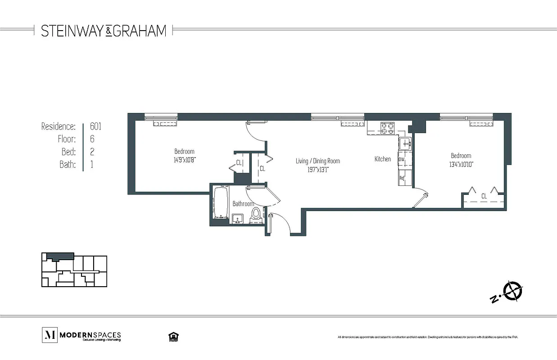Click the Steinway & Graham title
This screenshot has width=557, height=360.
[x=104, y=31]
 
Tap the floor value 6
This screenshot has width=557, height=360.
[x=92, y=139]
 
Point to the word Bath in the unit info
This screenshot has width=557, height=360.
[x=67, y=165]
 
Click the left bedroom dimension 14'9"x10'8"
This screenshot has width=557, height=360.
[x=184, y=159]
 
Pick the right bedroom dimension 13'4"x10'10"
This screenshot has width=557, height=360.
[x=461, y=164]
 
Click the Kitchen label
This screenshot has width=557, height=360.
[x=383, y=159]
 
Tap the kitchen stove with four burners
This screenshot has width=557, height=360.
[x=387, y=128]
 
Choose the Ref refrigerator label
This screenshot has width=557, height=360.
[x=402, y=178]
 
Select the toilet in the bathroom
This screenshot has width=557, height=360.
[x=256, y=215]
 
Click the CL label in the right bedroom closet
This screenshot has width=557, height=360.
[x=484, y=196]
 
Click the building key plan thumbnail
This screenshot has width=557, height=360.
[x=74, y=271]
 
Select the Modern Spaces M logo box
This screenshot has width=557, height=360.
[x=49, y=335]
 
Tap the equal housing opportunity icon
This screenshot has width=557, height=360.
[x=172, y=336]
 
